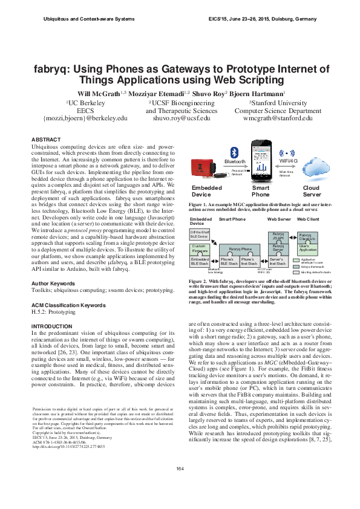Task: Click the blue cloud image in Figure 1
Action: point(311,169)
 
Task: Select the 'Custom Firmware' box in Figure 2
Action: point(199,248)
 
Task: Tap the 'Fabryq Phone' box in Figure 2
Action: point(240,248)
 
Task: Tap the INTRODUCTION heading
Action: point(52,326)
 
